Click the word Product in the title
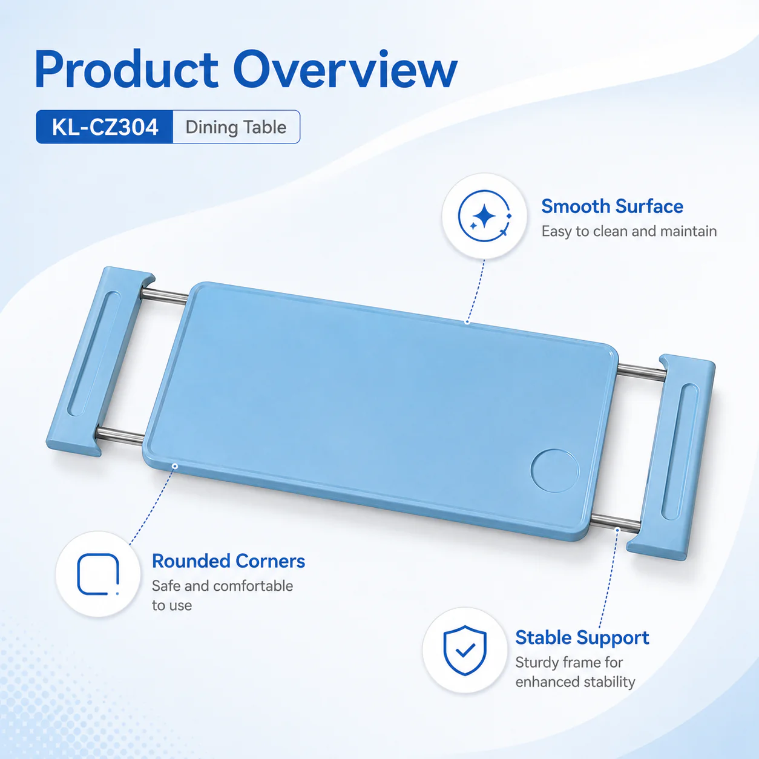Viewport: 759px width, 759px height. (x=126, y=70)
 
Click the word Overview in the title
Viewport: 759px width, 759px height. (x=346, y=70)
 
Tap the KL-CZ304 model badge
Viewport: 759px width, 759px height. (x=104, y=127)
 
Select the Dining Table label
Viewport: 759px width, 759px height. (x=236, y=127)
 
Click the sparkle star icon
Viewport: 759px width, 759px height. (x=485, y=216)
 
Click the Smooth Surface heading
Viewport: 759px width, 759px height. (x=612, y=206)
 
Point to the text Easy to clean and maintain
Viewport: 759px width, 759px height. (x=629, y=231)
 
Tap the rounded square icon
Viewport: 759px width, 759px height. (x=98, y=574)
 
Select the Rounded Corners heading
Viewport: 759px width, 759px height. (x=228, y=561)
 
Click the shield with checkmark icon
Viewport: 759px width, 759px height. (x=465, y=650)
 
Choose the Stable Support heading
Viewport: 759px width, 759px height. (x=582, y=638)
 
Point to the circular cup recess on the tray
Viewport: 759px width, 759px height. (x=555, y=471)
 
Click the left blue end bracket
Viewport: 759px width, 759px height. (x=100, y=361)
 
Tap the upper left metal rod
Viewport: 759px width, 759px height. (x=165, y=296)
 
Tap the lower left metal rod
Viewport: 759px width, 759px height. (x=120, y=436)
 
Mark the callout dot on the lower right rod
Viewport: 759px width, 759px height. (x=617, y=530)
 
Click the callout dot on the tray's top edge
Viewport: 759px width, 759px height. (x=467, y=322)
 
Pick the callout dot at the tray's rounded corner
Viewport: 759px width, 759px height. (x=175, y=466)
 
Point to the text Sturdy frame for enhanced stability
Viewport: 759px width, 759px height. (x=575, y=672)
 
